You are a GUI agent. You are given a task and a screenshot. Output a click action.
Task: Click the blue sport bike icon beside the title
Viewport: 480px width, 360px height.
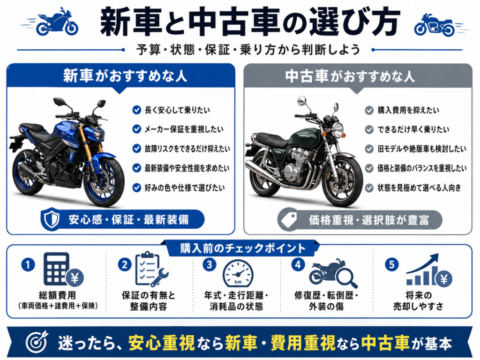pos(57,22)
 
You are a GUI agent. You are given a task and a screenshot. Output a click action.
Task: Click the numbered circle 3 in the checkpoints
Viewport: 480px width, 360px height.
pos(210,264)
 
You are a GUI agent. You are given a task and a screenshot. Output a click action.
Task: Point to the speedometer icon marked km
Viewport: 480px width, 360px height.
pos(238,273)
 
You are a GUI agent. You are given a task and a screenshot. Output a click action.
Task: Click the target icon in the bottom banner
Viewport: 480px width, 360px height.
pos(37,342)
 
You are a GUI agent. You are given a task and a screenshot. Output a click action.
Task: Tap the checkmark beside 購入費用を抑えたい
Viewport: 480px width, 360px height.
pos(369,110)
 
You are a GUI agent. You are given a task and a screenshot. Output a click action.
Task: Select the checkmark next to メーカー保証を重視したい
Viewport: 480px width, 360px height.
pos(136,129)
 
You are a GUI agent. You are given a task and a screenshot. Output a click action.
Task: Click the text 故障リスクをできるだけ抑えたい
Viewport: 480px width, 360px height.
pos(187,149)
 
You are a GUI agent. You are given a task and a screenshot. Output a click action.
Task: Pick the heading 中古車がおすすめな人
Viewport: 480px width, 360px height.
pos(350,76)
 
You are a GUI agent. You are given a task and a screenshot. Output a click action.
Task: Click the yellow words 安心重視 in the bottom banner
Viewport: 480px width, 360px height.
pos(162,343)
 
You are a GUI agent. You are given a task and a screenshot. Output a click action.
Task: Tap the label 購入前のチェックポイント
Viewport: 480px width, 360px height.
pos(243,248)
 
